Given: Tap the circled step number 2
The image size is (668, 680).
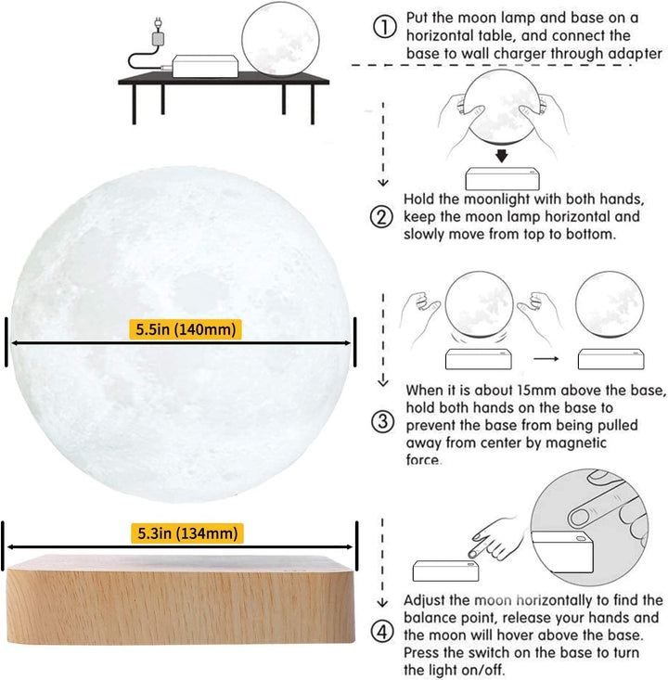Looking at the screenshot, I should [x=381, y=217].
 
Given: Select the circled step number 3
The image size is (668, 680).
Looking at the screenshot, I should [x=382, y=421].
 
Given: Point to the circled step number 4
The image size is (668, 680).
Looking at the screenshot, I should [x=381, y=633].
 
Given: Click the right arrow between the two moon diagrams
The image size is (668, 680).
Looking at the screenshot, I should [x=544, y=357].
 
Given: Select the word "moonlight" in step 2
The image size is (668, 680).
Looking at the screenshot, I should [x=487, y=199].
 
